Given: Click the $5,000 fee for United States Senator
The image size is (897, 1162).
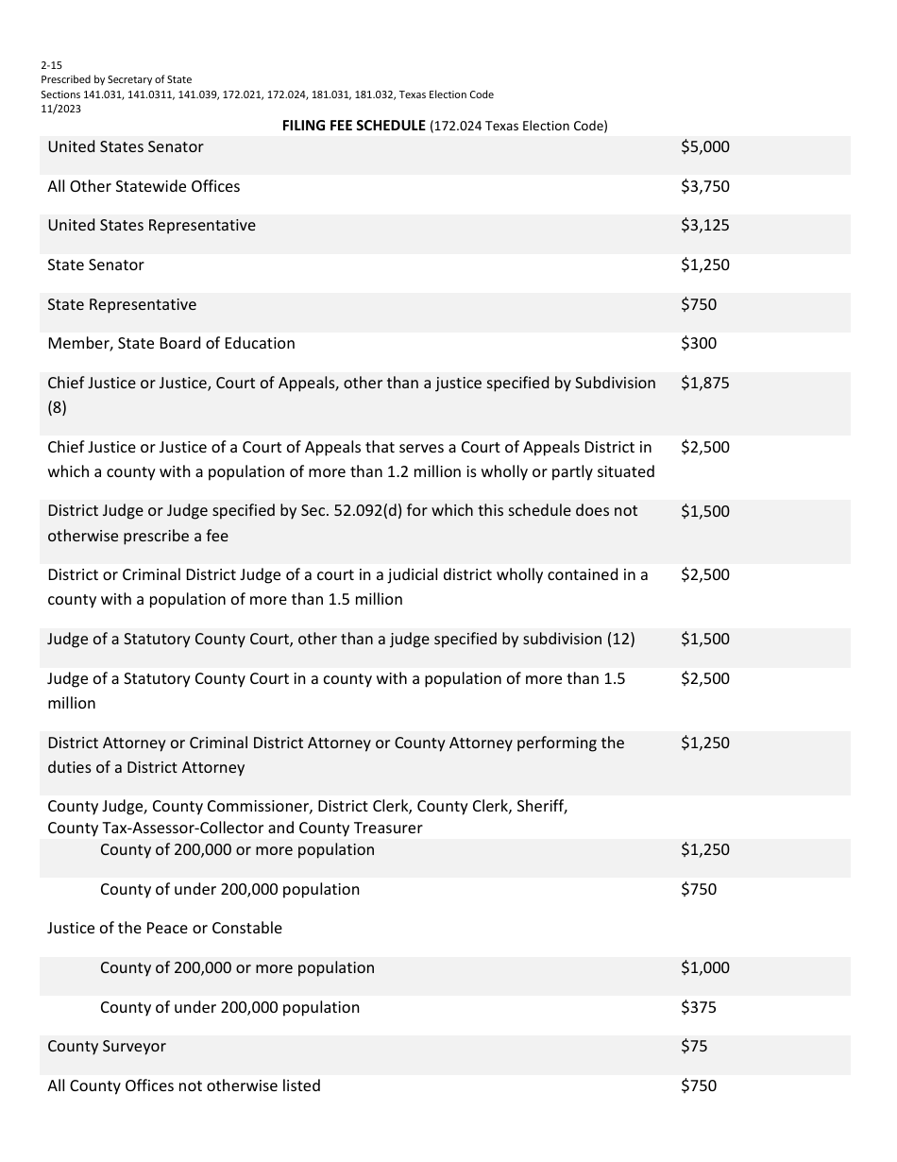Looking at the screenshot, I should [x=704, y=147].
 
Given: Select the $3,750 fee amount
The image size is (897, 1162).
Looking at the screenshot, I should [x=704, y=186].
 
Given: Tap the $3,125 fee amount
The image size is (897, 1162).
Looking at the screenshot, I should [x=704, y=226].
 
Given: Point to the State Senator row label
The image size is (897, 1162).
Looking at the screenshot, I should [x=95, y=265].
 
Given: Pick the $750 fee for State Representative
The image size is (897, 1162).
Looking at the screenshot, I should [x=698, y=305].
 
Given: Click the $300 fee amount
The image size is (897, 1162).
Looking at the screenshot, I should [x=698, y=344].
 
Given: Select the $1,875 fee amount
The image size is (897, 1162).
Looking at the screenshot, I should [x=704, y=384].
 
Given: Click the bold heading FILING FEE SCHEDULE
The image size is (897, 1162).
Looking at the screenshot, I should [x=354, y=126].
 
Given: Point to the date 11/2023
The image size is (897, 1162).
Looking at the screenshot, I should [x=60, y=109].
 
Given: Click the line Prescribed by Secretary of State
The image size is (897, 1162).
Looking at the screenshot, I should [x=116, y=80].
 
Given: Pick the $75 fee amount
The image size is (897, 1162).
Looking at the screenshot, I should [x=693, y=1047].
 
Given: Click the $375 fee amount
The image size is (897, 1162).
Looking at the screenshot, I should [x=698, y=1008].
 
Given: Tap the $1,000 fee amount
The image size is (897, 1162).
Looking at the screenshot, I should [x=704, y=968].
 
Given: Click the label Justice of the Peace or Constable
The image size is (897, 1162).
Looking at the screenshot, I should [x=164, y=929].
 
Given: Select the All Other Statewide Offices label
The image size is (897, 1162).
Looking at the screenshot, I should [x=144, y=186].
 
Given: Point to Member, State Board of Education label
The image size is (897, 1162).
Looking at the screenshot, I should [x=171, y=344].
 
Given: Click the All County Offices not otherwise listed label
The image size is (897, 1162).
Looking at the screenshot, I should [x=184, y=1086].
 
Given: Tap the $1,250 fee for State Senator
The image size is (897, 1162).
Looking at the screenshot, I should [x=704, y=265].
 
